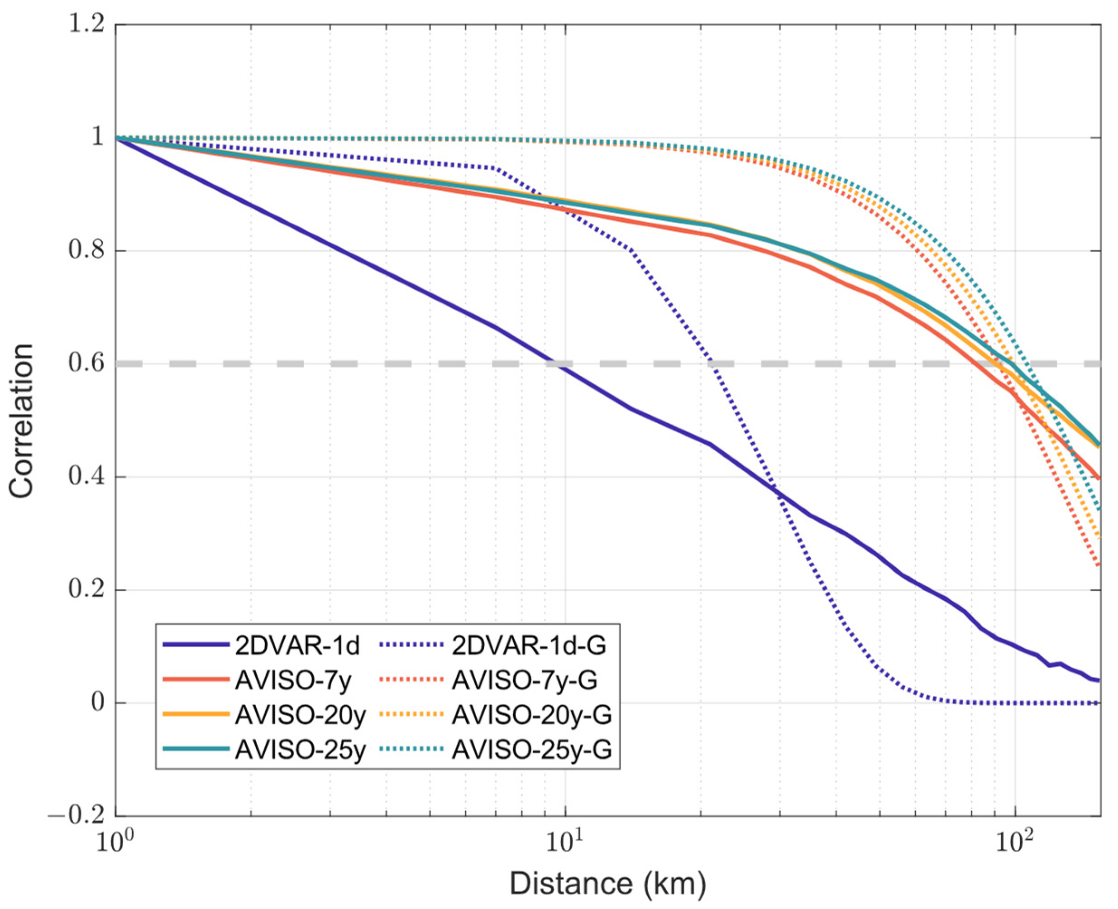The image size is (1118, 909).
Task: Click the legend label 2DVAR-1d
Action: (297, 646)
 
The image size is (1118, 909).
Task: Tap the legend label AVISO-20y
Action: (300, 715)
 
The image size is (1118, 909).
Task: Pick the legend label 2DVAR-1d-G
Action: (529, 646)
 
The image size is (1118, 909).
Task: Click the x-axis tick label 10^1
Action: (564, 842)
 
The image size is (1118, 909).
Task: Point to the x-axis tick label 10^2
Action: (1014, 842)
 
